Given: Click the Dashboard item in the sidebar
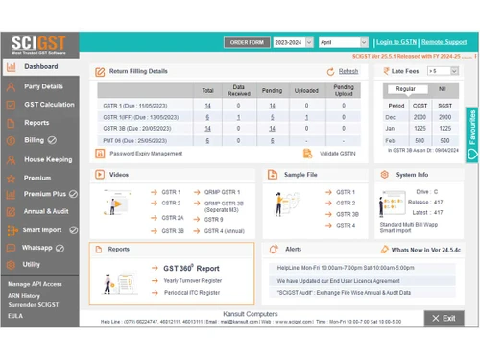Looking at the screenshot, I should (x=40, y=67).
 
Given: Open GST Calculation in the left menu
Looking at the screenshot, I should (x=48, y=104).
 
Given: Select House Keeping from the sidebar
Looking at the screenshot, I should (x=47, y=159).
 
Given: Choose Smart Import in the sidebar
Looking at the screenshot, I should (x=42, y=230).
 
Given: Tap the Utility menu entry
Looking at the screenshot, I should (x=32, y=264).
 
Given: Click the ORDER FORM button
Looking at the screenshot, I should (x=246, y=42).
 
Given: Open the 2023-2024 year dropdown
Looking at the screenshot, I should (x=292, y=42).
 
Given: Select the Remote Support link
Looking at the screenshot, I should (x=444, y=42).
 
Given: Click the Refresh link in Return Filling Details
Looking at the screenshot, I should (x=348, y=71).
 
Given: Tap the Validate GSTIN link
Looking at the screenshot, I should (x=336, y=153).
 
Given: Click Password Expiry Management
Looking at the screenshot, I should (x=145, y=153).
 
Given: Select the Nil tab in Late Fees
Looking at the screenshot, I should (x=442, y=89).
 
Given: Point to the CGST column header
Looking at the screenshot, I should (x=420, y=106).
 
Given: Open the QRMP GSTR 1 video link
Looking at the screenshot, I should (x=224, y=192).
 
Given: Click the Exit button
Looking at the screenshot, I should (x=443, y=318).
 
